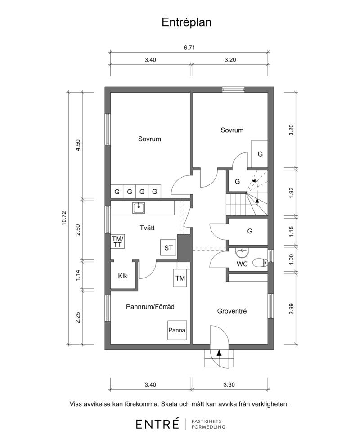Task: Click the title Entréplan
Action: pos(186,22)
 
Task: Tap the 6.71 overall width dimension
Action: pos(189,48)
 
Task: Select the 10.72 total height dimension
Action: pos(64,218)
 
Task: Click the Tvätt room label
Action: pos(147,228)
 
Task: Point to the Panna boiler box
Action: pos(177,330)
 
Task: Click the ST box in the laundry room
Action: pos(168,248)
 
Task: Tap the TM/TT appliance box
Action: pos(117,242)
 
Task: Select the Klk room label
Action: pos(123,276)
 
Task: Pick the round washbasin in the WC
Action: pos(242,252)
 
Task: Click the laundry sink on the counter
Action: pos(139,208)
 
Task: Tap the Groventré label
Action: pos(232,311)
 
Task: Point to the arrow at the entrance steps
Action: pos(219,353)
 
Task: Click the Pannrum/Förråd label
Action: pos(150,307)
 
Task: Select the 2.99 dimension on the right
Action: pos(291,309)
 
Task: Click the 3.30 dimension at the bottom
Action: pos(229,385)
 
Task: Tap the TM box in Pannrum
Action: pos(180,278)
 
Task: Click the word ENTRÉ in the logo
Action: pos(157,424)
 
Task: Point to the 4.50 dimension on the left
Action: pos(78,145)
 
